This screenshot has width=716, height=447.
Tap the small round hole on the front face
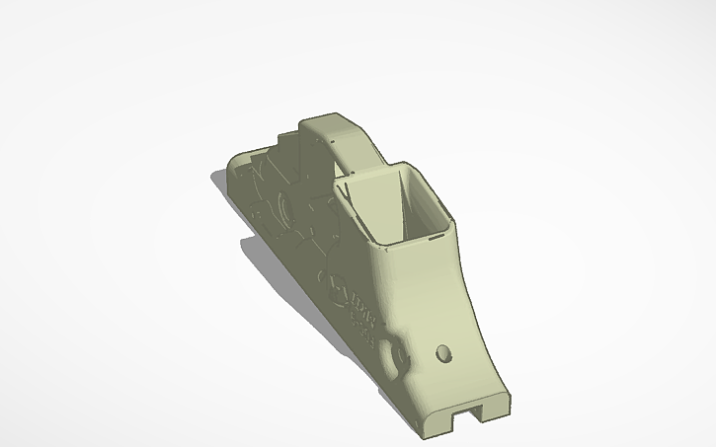coord(443,352)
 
